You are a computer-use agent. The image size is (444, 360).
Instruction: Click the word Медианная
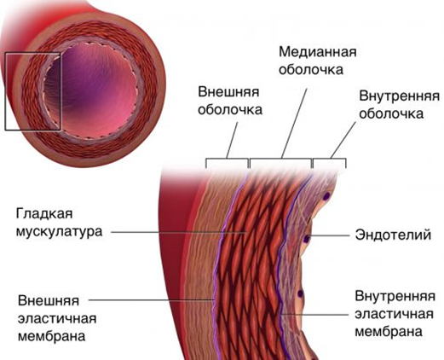pos(318,52)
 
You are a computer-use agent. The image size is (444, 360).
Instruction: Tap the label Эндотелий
pos(393,235)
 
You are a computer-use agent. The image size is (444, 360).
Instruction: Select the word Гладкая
pos(44,214)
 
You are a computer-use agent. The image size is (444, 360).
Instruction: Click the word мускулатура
pos(59,231)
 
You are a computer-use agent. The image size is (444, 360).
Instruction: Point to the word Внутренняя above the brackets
pos(399,96)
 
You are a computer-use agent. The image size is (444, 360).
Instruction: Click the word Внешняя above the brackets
pos(228,92)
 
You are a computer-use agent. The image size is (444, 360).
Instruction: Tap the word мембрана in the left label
pos(52,336)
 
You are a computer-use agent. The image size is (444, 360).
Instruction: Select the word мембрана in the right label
pos(389,332)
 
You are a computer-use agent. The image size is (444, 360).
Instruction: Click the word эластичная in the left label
pos(57,318)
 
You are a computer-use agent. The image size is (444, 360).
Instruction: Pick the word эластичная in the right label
pos(395,314)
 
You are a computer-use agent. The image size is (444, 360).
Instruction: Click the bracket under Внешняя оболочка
pos(227,159)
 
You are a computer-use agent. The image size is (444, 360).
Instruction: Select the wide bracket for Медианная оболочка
pos(280,159)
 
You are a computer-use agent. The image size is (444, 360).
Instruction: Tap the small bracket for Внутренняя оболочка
pos(329,159)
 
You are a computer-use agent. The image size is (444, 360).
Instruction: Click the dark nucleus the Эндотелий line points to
pos(306,239)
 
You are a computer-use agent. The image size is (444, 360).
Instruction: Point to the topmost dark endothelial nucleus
pos(327,196)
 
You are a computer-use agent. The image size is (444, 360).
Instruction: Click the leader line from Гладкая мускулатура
pos(178,232)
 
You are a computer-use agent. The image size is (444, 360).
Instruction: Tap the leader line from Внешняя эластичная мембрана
pos(151,299)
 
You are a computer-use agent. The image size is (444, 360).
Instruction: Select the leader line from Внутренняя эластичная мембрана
pos(315,315)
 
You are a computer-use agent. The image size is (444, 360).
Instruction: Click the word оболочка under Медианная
pos(311,70)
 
